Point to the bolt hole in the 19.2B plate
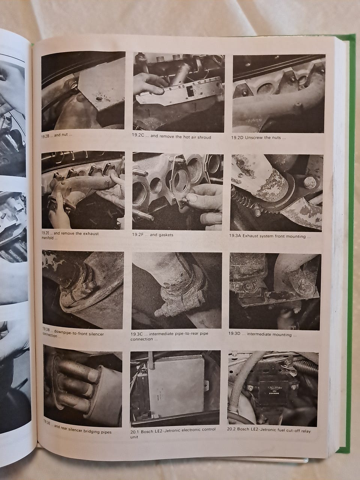[98, 99]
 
